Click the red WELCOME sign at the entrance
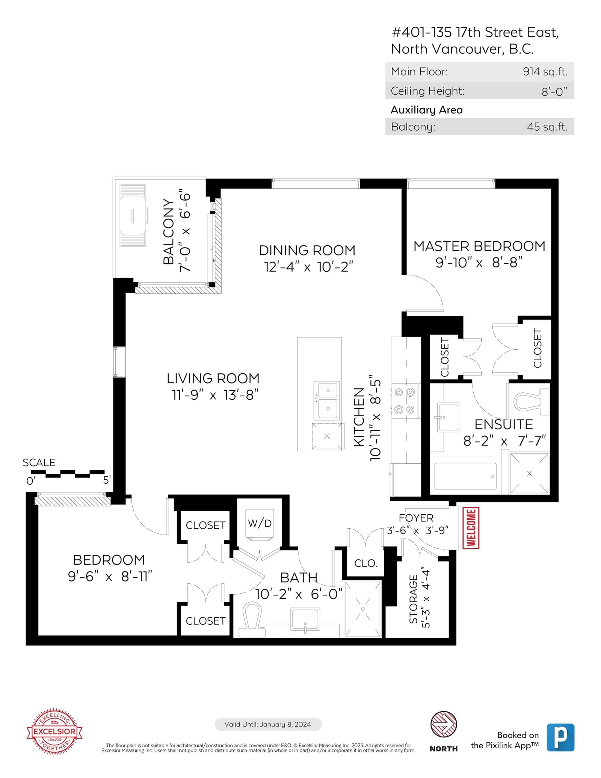click(471, 528)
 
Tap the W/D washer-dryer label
click(260, 523)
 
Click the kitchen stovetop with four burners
click(405, 401)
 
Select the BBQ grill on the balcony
click(133, 216)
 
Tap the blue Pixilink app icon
click(560, 737)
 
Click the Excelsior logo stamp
click(54, 731)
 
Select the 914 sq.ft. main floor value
click(545, 72)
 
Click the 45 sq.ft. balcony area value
click(547, 127)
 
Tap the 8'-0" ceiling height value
click(554, 91)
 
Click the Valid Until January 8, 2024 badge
click(268, 724)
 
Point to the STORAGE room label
click(413, 599)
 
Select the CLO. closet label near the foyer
click(366, 563)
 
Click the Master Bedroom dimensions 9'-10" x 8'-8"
click(479, 263)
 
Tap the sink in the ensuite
click(448, 417)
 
